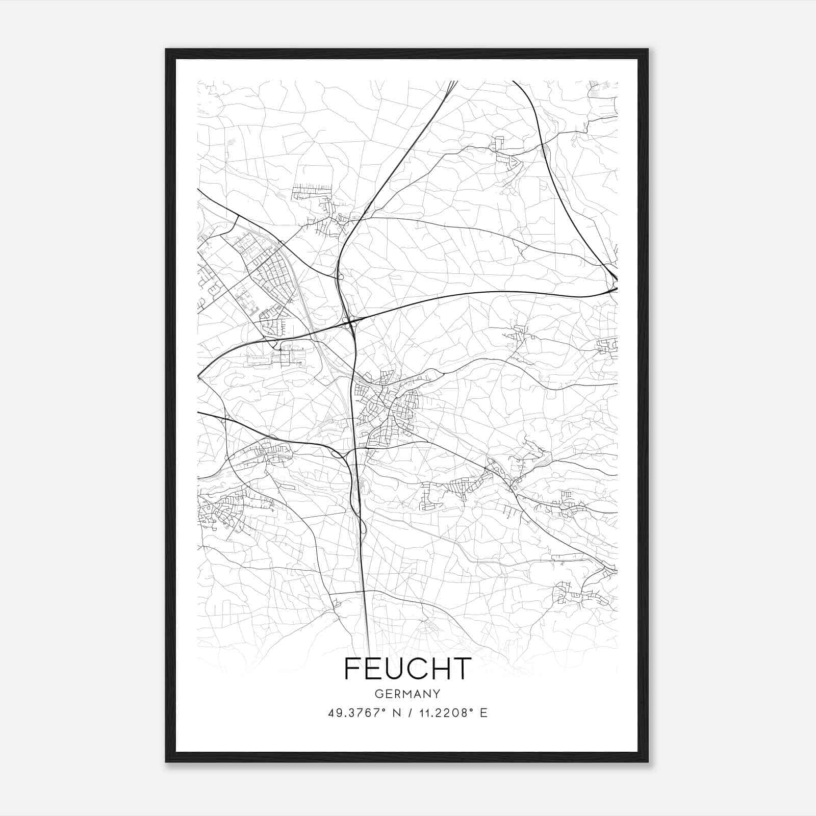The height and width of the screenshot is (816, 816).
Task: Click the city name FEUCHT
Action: pos(407,669)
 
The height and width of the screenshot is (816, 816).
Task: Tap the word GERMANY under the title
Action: pos(407,694)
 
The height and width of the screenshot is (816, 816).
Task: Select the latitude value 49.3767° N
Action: pos(364,713)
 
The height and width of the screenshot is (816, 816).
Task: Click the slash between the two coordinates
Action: pos(408,713)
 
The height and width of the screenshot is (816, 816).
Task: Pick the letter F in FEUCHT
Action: pos(352,669)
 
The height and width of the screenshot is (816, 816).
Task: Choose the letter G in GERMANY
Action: pos(378,694)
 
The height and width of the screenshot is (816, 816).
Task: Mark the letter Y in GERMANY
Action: pos(437,694)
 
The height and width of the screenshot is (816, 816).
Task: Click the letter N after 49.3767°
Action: pos(395,713)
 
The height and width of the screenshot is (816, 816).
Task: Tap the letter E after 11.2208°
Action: pos(483,713)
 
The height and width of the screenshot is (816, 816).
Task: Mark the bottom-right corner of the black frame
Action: pos(648,761)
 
